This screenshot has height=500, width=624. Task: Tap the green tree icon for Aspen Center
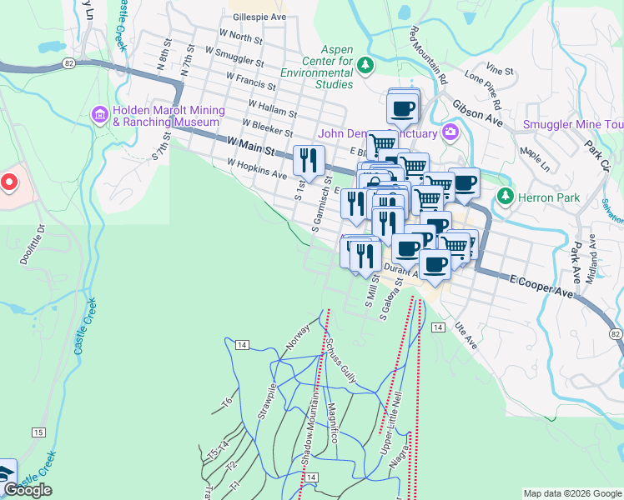365,63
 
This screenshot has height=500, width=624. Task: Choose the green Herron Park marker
504,196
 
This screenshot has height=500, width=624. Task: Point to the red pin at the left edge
8,181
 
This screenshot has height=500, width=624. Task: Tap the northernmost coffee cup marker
403,107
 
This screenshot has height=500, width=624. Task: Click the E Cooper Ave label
542,287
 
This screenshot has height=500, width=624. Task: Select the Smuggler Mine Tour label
572,125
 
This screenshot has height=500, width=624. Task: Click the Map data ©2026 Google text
571,493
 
